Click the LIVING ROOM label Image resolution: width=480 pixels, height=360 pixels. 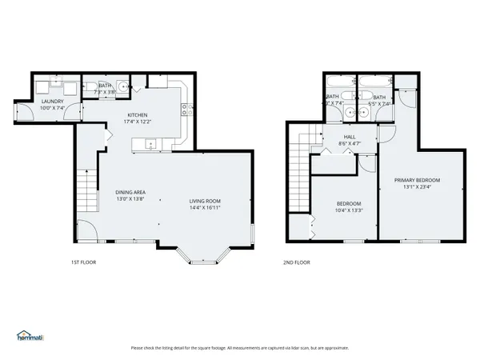click(205, 201)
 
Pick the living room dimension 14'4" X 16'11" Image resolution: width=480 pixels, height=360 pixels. click(205, 208)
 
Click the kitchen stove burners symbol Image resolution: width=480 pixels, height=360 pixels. click(185, 110)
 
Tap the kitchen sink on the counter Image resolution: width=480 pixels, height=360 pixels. click(150, 145)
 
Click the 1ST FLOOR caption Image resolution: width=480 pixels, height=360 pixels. click(83, 262)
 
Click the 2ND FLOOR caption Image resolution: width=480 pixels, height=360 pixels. click(296, 262)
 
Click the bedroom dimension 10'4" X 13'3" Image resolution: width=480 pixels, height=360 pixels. click(349, 211)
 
